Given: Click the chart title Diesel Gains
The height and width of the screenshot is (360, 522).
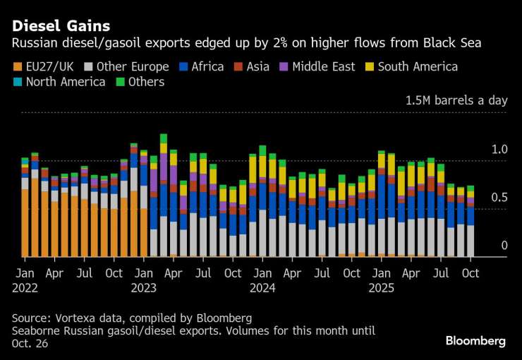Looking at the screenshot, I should [61, 26].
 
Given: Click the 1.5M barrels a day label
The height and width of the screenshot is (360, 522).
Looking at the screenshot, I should [456, 100].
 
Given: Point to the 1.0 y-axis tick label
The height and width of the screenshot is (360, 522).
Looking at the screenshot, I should [499, 150].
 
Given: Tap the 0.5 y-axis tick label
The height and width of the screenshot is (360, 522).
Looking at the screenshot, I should [499, 198].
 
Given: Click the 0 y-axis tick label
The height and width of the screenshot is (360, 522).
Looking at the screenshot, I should [504, 246].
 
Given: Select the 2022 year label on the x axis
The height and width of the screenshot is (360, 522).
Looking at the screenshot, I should [25, 287].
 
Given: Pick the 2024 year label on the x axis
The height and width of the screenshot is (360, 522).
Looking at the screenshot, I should [262, 287].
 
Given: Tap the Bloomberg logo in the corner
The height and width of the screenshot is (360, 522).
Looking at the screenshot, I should [475, 341].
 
